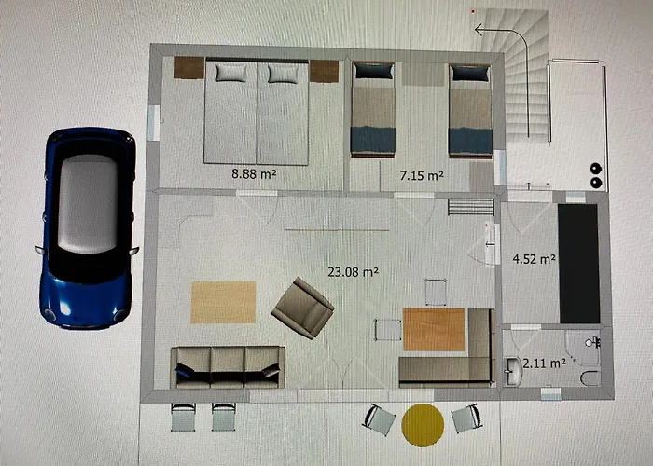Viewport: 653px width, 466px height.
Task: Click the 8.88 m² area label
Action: [254, 173]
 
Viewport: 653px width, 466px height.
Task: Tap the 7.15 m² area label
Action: [422, 175]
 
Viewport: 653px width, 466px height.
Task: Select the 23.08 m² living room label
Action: [354, 272]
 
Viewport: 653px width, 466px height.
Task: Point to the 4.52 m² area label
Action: [534, 259]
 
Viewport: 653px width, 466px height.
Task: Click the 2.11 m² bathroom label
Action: [544, 363]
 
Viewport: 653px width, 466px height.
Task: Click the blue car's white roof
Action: [88, 203]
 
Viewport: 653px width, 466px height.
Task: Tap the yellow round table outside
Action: [423, 425]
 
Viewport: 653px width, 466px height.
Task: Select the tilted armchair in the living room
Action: [302, 308]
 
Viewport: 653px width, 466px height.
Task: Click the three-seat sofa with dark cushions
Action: [228, 367]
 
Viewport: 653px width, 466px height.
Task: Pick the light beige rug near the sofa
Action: [223, 303]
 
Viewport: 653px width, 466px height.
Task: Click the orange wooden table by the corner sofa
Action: [434, 329]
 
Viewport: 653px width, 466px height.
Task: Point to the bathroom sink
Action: [512, 371]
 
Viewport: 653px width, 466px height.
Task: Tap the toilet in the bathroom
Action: [590, 378]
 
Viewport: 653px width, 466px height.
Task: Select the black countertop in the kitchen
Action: [579, 264]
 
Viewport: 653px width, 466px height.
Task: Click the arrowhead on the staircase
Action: [479, 30]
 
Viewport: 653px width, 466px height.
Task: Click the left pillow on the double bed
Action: [231, 73]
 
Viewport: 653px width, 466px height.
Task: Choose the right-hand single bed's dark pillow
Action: [470, 74]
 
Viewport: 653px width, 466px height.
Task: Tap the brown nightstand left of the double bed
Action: [189, 68]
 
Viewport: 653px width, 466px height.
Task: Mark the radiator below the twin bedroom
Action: [471, 207]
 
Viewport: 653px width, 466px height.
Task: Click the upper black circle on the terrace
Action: [596, 169]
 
